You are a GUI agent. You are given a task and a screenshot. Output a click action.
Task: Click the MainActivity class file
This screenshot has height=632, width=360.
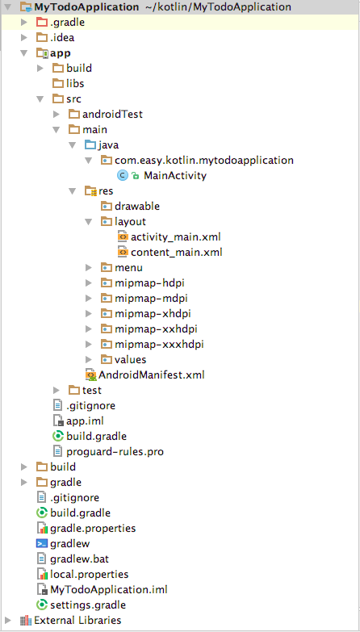175,176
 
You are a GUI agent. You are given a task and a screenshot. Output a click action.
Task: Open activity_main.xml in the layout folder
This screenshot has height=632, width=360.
176,237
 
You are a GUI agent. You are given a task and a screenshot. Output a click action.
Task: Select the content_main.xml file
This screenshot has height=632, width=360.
177,253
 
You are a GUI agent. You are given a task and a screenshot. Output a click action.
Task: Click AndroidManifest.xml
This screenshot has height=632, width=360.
152,375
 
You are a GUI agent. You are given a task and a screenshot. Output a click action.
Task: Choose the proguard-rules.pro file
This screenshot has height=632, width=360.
115,451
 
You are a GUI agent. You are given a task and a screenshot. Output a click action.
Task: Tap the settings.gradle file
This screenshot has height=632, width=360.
88,605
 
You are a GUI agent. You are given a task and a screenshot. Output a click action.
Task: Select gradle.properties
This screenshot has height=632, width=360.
93,528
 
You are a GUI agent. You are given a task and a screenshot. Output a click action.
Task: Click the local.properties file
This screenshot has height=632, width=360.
89,574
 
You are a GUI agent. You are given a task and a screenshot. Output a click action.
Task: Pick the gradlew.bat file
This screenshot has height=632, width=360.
79,559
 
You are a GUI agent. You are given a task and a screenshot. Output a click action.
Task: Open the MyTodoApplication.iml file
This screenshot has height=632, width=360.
108,589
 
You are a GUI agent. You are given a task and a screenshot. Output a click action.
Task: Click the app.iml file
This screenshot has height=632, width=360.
85,421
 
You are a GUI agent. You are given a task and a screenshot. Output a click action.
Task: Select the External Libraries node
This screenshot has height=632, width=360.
77,620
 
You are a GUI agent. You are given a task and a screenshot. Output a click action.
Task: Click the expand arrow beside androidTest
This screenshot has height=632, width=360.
57,115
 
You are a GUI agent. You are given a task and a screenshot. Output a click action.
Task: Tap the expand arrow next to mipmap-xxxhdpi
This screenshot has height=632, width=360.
89,344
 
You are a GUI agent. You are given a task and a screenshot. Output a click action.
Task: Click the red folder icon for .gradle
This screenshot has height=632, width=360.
42,23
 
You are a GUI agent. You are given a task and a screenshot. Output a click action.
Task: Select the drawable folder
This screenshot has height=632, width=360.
137,207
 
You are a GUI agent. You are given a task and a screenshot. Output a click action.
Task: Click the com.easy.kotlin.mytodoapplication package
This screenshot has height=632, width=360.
204,161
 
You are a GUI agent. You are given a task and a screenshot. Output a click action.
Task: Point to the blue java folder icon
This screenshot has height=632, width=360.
90,144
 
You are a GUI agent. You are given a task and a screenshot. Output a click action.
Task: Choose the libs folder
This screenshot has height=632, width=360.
75,84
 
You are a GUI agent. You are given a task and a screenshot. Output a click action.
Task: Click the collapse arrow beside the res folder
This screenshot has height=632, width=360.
73,191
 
